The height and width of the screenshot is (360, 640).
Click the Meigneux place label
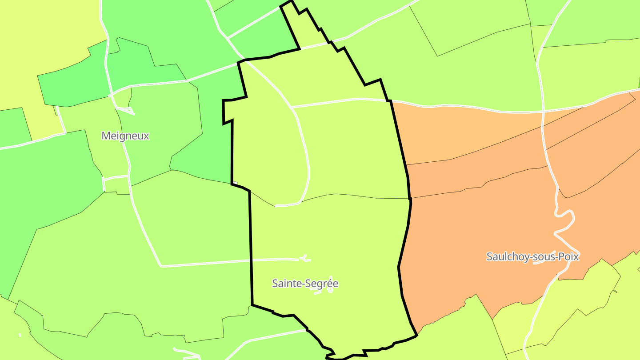(125, 136)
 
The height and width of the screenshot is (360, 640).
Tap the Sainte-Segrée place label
(305, 283)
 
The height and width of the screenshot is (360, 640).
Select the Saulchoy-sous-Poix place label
(532, 256)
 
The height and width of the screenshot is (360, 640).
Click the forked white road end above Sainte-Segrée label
(304, 258)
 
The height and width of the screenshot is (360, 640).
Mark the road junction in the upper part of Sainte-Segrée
(292, 107)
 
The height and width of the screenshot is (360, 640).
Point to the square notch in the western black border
(228, 111)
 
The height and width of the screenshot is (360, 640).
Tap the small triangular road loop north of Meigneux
(125, 109)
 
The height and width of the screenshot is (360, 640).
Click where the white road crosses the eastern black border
(391, 101)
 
